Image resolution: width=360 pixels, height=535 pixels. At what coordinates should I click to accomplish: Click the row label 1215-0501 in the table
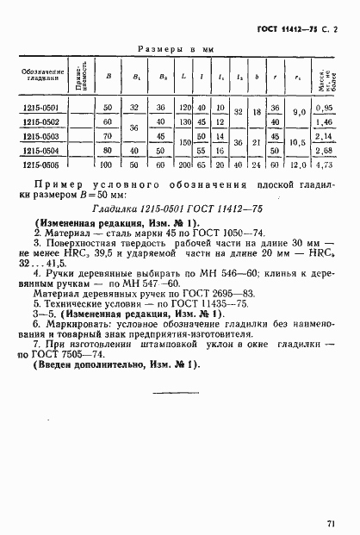40,107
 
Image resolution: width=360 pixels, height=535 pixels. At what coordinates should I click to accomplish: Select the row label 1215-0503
40,135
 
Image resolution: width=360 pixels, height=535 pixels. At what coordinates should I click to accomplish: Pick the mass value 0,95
324,107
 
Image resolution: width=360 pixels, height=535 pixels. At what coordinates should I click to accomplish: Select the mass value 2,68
324,149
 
